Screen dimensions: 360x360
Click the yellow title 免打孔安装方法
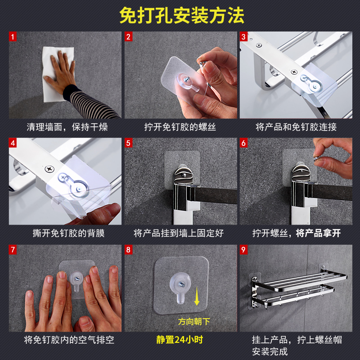pos(182,15)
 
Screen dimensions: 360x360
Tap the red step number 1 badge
pos(13,36)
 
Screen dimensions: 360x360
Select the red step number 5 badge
pos(128,143)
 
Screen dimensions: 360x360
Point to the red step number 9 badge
pos(243,250)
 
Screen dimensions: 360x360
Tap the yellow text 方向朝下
pos(194,321)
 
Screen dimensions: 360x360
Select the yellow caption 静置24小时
pos(180,340)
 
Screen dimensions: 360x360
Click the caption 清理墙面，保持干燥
pos(67,127)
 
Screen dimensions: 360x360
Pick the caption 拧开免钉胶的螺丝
pos(180,127)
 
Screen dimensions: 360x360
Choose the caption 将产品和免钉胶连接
pos(296,127)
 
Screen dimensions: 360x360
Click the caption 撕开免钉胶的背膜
pos(69,233)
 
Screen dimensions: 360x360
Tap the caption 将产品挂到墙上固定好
pos(179,233)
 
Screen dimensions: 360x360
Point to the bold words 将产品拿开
pos(319,233)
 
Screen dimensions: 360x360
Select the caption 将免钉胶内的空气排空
pos(69,340)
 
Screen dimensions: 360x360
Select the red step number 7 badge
pos(13,250)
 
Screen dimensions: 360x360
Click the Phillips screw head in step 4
pos(49,169)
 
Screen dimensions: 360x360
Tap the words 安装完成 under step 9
pos(270,351)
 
